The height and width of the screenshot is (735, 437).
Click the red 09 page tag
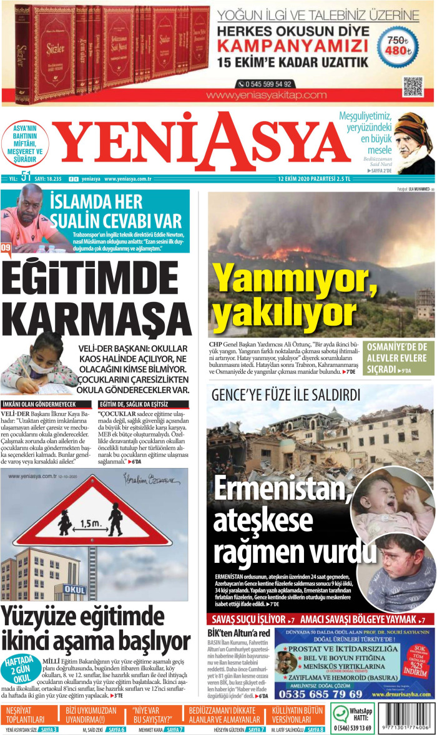pos(6,248)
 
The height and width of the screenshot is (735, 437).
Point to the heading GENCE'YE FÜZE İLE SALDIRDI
pos(285,395)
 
